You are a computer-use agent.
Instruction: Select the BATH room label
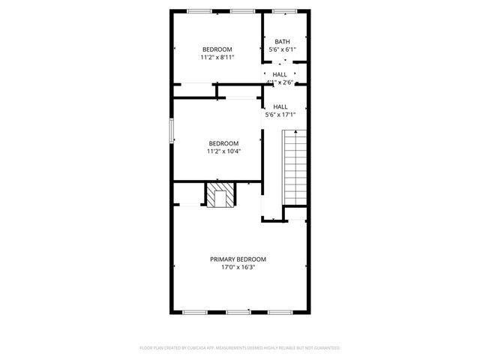(282, 42)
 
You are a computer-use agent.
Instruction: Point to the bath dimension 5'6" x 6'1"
(282, 50)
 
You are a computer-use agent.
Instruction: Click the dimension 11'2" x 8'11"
(217, 57)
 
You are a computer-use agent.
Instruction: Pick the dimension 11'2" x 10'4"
(223, 151)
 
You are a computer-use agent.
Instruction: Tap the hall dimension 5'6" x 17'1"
(280, 115)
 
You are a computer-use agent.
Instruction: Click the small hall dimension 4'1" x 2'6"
(280, 82)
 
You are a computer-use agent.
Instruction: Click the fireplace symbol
(220, 196)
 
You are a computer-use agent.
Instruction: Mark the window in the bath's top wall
(283, 10)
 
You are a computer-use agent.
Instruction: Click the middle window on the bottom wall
(238, 311)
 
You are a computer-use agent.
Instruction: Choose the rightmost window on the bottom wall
(280, 311)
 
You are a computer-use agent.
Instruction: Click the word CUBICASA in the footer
(199, 348)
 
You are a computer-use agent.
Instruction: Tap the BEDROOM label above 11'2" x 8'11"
(217, 49)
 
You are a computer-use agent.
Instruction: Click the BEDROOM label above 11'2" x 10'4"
(223, 143)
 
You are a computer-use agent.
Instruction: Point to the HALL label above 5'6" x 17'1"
(280, 106)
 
